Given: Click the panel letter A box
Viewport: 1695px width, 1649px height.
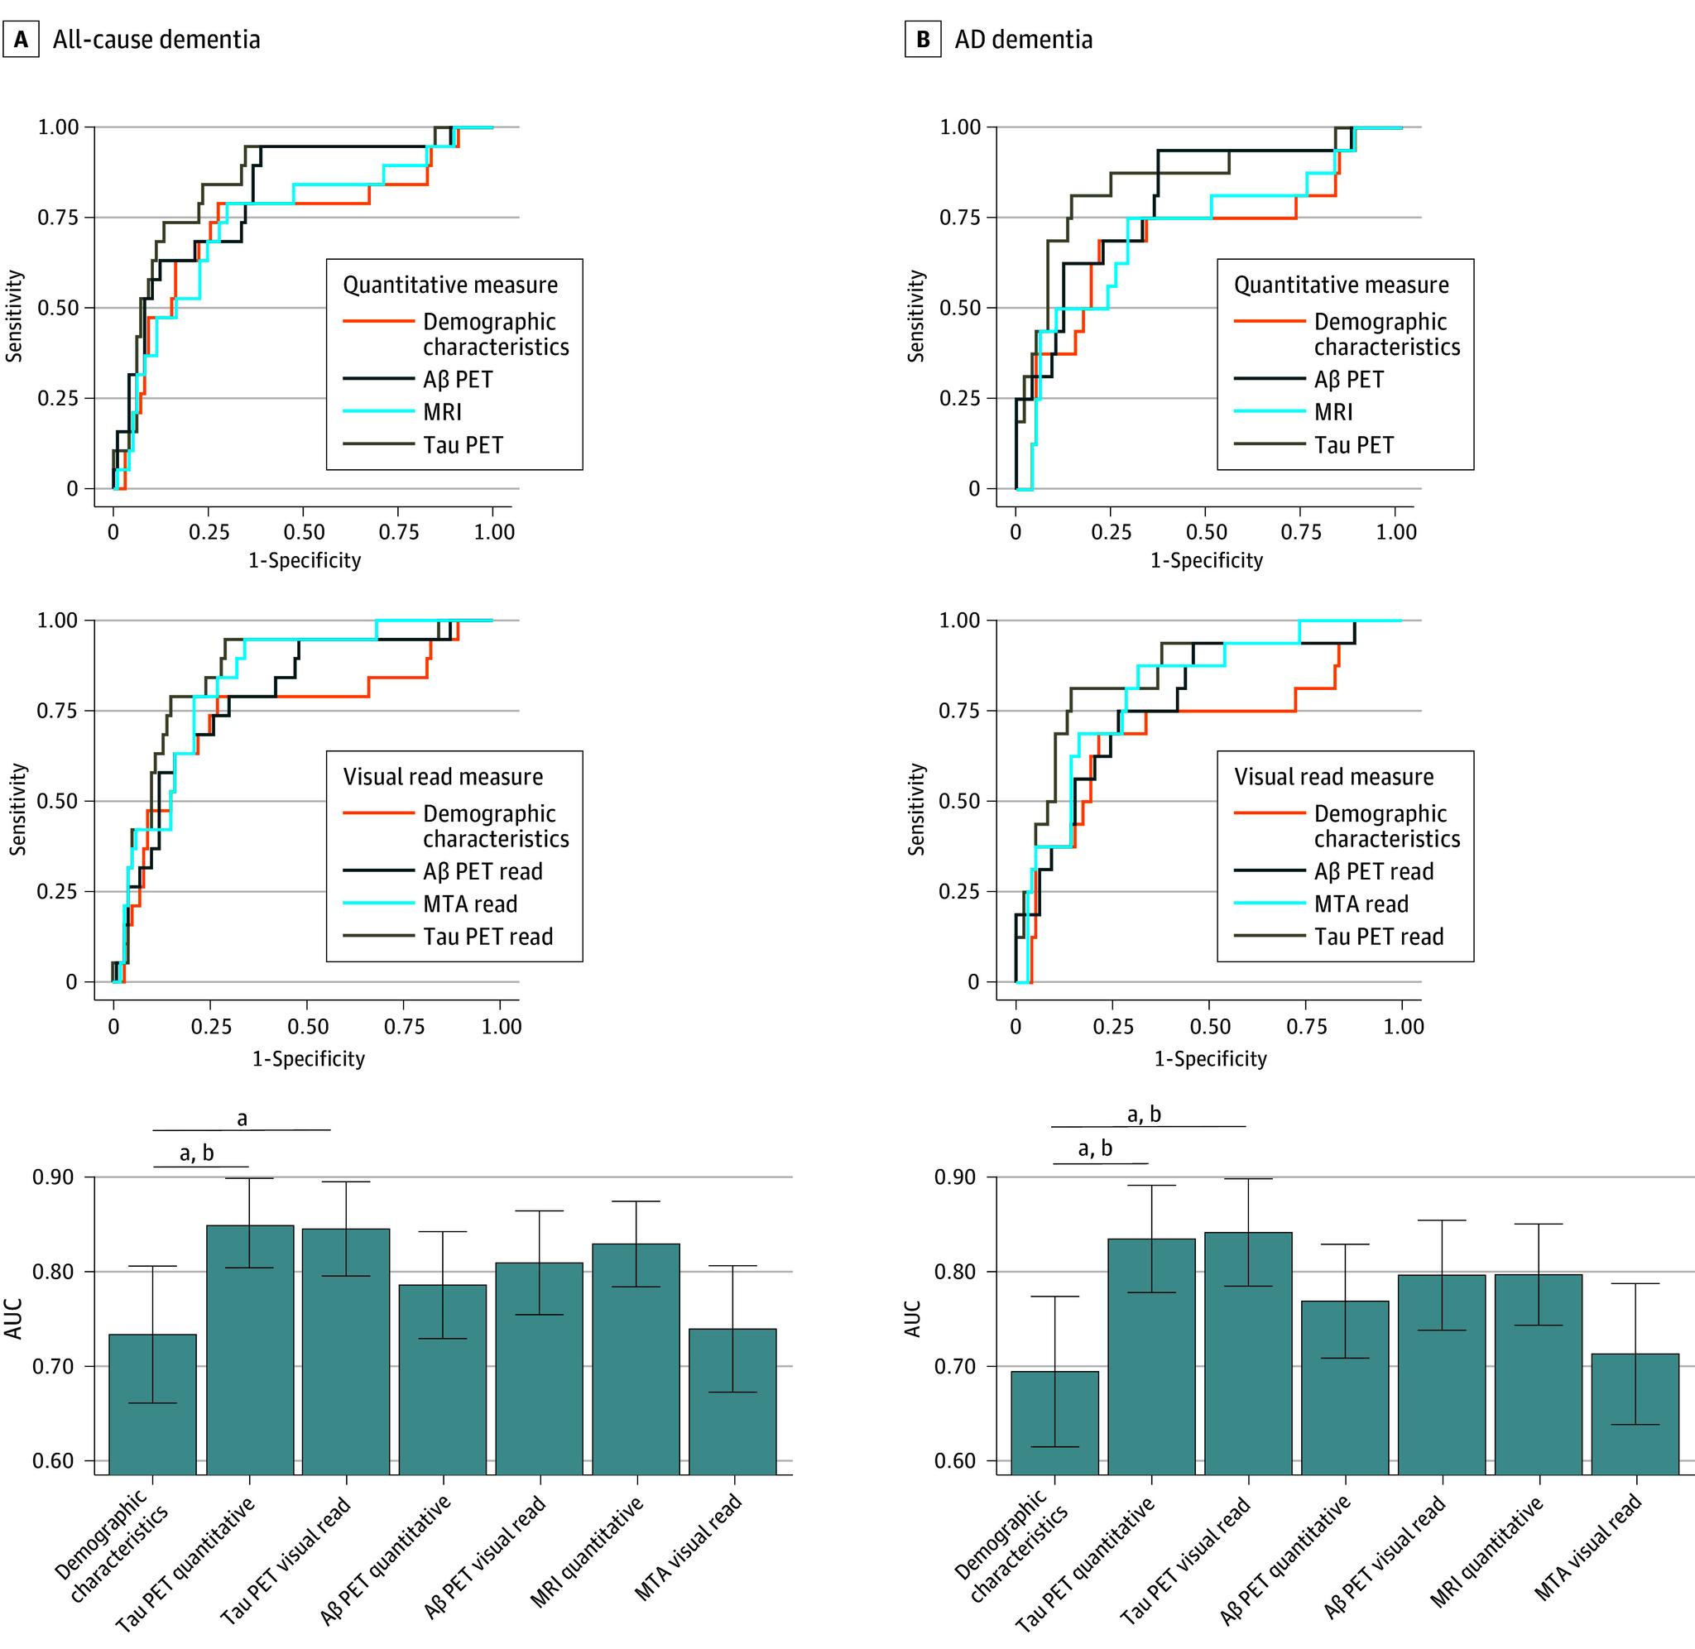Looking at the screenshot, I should click(x=21, y=40).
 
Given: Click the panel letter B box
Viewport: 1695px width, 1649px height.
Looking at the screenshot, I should click(x=923, y=40).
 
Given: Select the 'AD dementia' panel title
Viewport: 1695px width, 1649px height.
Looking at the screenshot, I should click(x=1023, y=40).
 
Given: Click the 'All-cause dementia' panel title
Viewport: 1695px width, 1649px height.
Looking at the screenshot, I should click(x=156, y=40).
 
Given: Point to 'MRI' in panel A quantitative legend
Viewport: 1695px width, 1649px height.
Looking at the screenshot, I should click(x=442, y=412).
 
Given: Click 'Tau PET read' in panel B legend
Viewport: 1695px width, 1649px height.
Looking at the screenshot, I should click(x=1378, y=937).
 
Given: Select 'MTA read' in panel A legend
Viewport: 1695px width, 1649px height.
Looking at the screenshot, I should click(x=469, y=904).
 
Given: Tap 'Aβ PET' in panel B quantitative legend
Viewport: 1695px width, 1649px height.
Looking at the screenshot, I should click(x=1348, y=379).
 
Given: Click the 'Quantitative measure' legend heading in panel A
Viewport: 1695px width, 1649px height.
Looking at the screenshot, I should click(x=450, y=285).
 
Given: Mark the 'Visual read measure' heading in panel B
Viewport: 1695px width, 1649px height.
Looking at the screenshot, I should click(x=1334, y=777).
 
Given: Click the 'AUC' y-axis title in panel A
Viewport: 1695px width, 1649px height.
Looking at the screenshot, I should click(x=15, y=1318).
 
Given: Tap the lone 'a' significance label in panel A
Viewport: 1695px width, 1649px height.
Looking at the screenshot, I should click(x=242, y=1118).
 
